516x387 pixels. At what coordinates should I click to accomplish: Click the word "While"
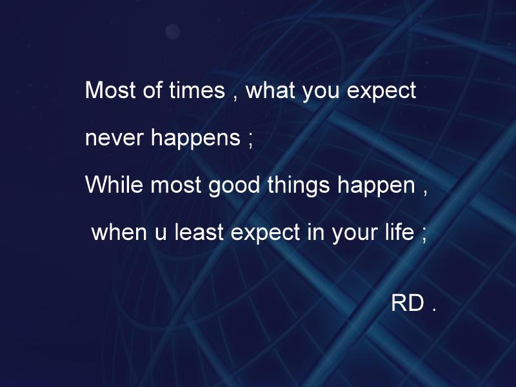(x=115, y=186)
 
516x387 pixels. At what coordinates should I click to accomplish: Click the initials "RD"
(x=407, y=304)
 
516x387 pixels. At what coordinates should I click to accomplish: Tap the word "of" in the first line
(x=153, y=91)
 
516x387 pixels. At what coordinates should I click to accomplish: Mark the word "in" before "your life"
(x=315, y=233)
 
